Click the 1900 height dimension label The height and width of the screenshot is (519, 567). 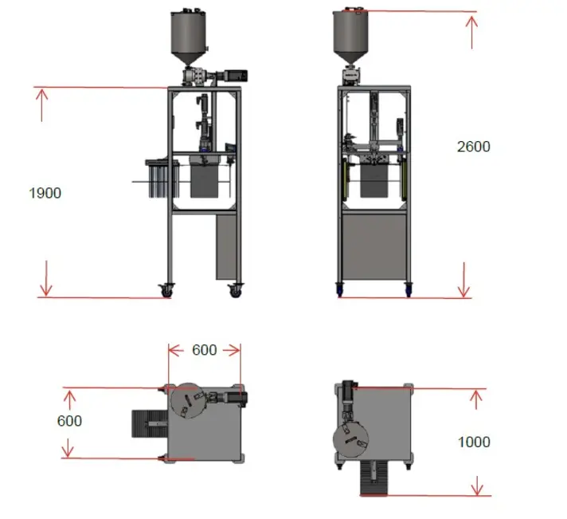tap(45, 193)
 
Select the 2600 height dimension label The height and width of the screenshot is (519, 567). tap(474, 147)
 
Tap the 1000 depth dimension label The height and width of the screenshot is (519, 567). tap(474, 442)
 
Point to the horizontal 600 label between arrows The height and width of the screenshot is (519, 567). tap(205, 350)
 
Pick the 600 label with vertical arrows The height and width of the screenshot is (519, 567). tap(69, 421)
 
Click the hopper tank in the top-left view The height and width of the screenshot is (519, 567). tap(189, 37)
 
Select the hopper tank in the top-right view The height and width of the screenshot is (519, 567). tap(350, 36)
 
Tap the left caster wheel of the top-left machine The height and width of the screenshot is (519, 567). tap(166, 290)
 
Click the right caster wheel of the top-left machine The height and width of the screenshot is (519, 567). tap(236, 291)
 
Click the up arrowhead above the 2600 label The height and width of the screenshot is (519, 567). tap(471, 22)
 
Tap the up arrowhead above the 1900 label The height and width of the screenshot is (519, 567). tap(41, 96)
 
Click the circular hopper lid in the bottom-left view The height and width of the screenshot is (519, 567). tap(188, 401)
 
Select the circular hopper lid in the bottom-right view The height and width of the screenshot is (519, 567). tap(350, 440)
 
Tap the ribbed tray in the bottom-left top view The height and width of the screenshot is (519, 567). tap(150, 424)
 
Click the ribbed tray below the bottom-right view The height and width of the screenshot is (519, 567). tap(374, 478)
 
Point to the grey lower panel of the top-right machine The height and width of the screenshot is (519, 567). tap(374, 247)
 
